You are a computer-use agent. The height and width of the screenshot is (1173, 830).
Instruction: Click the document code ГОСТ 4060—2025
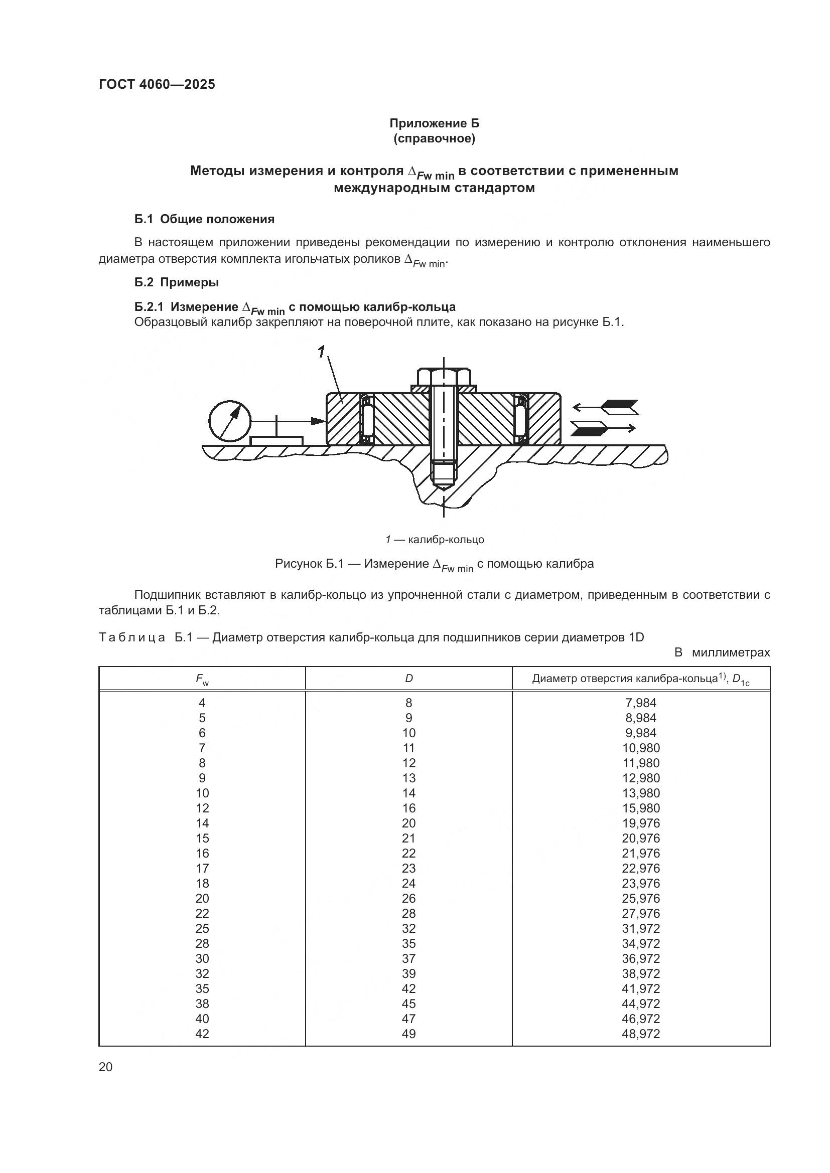tap(157, 85)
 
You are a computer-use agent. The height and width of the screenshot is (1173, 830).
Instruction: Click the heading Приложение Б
tap(435, 123)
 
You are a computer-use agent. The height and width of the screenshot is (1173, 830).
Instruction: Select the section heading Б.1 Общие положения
tap(204, 219)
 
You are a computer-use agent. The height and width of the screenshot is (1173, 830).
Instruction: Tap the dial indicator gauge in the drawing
tap(230, 420)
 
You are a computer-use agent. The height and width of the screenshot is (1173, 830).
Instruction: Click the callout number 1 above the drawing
tap(321, 352)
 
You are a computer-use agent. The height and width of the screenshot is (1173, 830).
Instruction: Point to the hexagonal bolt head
tap(444, 377)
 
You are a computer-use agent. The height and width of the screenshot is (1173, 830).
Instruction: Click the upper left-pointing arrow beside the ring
tap(605, 407)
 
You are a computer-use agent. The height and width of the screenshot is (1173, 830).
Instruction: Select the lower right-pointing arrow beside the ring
tap(603, 428)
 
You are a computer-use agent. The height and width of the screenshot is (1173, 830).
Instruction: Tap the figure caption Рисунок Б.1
tap(435, 565)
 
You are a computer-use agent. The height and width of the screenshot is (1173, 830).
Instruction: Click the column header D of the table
tap(409, 679)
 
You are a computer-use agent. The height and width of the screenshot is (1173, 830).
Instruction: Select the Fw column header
tap(202, 679)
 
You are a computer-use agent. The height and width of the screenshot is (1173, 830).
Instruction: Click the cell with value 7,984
tap(641, 703)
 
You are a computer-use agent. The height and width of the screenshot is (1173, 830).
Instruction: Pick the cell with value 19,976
tap(641, 823)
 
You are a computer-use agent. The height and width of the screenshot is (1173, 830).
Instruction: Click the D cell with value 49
tap(409, 1034)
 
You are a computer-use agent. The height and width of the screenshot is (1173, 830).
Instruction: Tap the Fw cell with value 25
tap(202, 928)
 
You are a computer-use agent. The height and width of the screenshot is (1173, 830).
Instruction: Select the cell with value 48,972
tap(641, 1034)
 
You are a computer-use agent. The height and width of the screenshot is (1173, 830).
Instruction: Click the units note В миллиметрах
tap(722, 652)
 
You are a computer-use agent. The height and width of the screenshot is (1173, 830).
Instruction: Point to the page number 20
tap(106, 1067)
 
